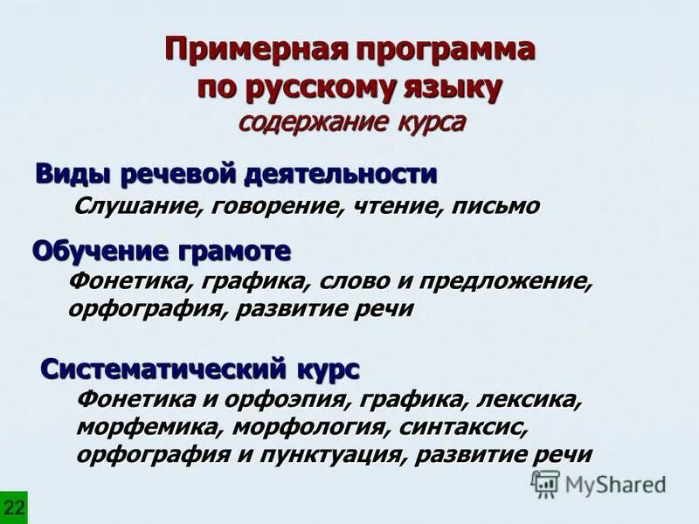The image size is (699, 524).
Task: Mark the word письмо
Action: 499,207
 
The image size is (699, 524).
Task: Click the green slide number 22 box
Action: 13,507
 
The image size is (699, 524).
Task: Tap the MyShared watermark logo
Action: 599,483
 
